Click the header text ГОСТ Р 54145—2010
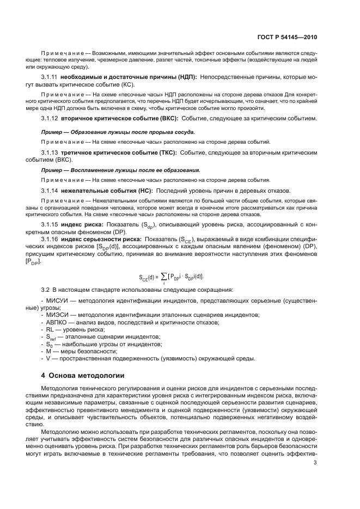click(287, 39)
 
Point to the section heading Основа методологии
click(87, 375)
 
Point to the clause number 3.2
click(46, 289)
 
